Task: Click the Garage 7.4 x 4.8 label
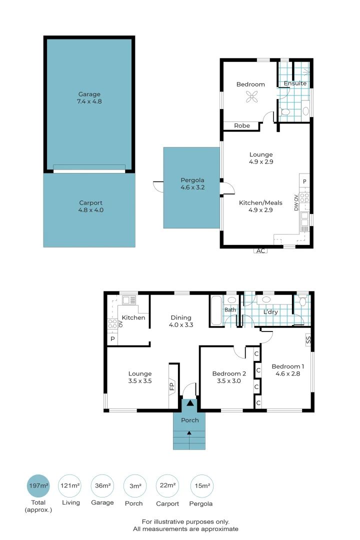point(89,97)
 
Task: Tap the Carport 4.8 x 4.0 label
point(90,206)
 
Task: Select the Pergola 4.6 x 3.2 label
point(192,184)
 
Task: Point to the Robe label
point(241,125)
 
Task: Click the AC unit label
point(260,250)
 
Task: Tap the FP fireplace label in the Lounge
point(171,385)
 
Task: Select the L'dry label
point(270,312)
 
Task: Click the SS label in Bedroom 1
point(308,340)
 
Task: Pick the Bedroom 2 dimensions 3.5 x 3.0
point(229,381)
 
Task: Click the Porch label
point(189,420)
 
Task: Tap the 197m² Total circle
point(38,485)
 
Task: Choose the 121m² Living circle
point(70,485)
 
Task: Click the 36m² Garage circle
point(102,485)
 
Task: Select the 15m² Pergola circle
point(201,485)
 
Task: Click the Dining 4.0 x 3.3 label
point(181,321)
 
